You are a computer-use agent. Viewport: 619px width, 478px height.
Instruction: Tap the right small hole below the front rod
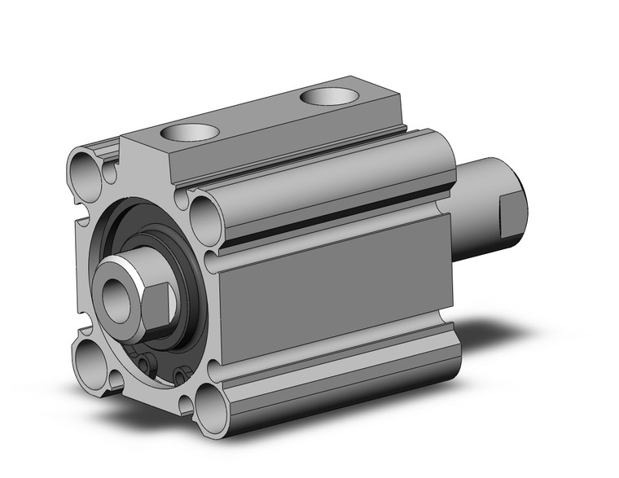point(178,375)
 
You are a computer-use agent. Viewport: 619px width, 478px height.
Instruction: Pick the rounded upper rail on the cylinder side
point(326,183)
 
